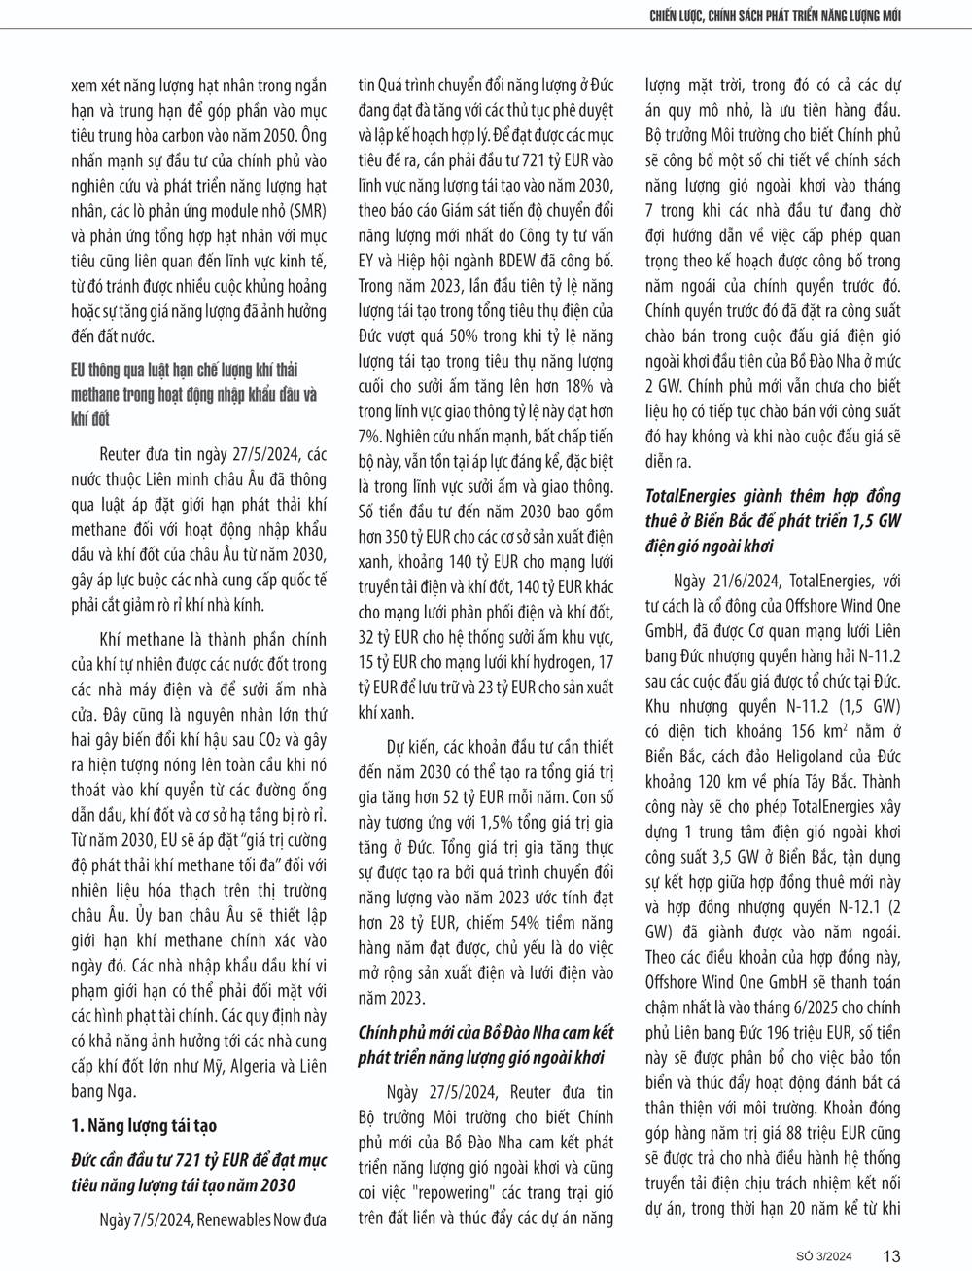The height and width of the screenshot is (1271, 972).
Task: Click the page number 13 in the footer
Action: click(891, 1254)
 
